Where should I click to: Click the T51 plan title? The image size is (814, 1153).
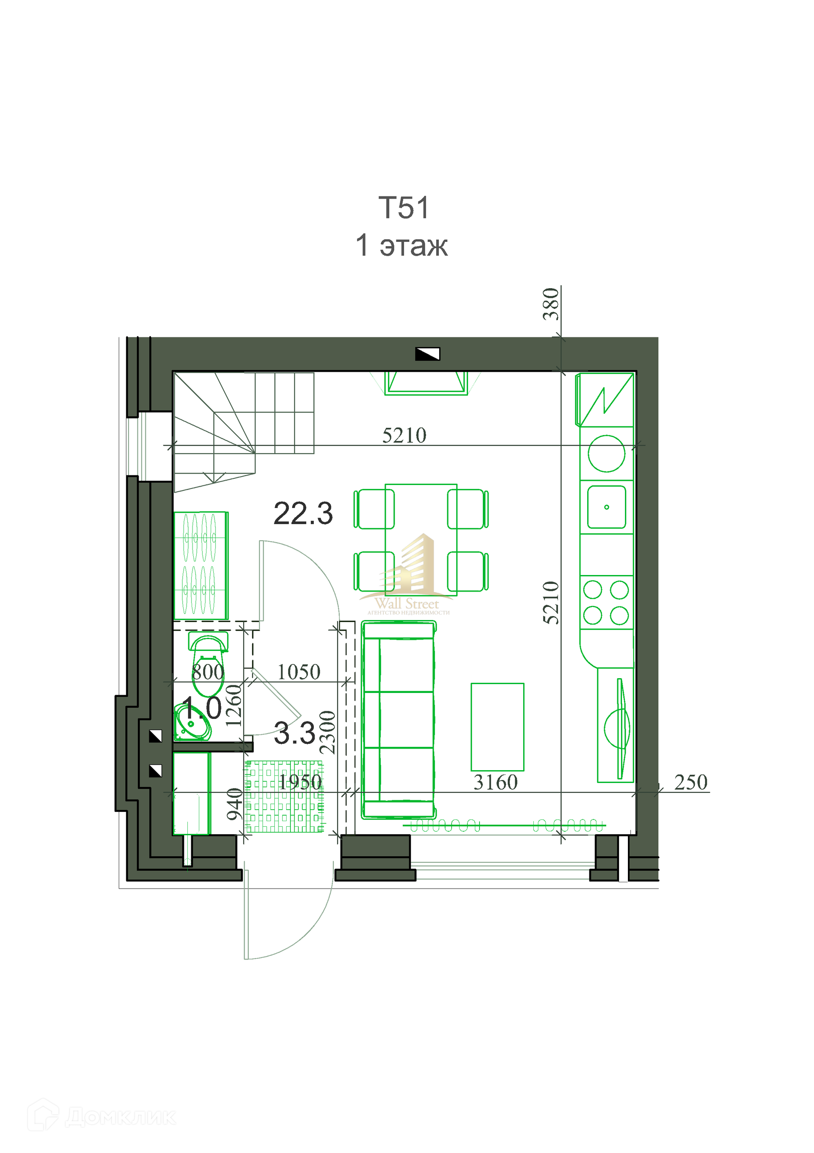pyautogui.click(x=404, y=208)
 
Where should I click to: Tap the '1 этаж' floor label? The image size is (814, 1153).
pyautogui.click(x=401, y=246)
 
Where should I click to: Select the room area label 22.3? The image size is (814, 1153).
pyautogui.click(x=303, y=514)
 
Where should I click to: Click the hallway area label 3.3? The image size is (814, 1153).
pyautogui.click(x=295, y=733)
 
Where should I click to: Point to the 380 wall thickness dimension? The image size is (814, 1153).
pyautogui.click(x=551, y=304)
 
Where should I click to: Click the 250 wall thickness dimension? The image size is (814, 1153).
pyautogui.click(x=691, y=783)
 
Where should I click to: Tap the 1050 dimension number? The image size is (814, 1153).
pyautogui.click(x=298, y=672)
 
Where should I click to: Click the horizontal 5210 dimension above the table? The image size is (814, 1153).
pyautogui.click(x=404, y=435)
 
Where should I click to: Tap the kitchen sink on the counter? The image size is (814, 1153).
pyautogui.click(x=606, y=507)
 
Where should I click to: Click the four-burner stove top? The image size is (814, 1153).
pyautogui.click(x=606, y=602)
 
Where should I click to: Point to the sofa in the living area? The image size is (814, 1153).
pyautogui.click(x=399, y=719)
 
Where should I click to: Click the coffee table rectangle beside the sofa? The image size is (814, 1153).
pyautogui.click(x=497, y=727)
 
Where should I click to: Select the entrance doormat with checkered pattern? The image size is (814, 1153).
pyautogui.click(x=284, y=797)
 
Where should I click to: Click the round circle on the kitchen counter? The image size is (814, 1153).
pyautogui.click(x=606, y=454)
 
